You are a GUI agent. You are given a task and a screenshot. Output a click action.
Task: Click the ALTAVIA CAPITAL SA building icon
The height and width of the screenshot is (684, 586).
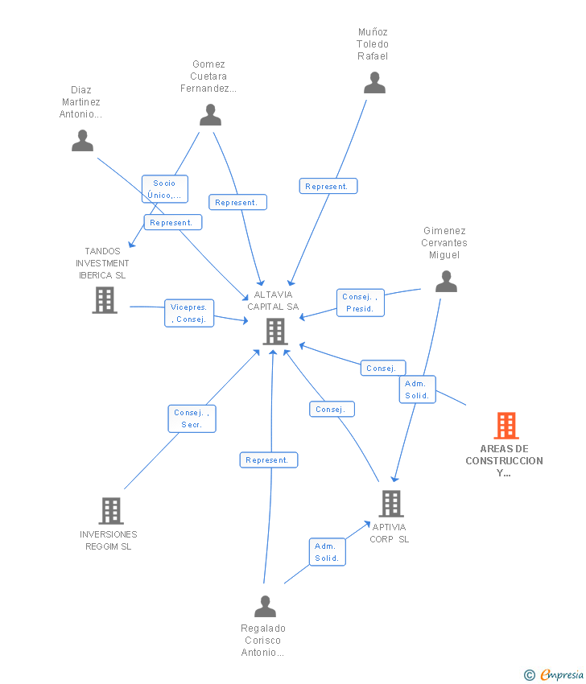click(x=274, y=331)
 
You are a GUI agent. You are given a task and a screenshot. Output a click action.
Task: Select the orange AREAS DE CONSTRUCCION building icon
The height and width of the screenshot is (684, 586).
click(x=506, y=426)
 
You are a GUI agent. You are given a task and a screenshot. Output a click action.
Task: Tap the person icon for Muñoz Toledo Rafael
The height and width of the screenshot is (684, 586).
click(x=374, y=83)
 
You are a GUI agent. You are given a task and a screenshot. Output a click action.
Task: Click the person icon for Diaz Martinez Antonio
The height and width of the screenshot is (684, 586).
click(x=82, y=141)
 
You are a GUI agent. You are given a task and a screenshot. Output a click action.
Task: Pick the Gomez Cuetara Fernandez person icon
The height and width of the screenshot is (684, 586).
click(x=210, y=115)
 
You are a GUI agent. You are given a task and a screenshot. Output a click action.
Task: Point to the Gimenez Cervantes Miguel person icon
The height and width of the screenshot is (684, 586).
click(x=446, y=282)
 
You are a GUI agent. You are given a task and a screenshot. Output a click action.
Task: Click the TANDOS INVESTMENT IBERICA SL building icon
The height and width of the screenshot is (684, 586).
click(x=105, y=300)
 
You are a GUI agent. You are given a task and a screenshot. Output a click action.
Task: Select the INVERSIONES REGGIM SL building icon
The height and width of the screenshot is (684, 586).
click(x=111, y=510)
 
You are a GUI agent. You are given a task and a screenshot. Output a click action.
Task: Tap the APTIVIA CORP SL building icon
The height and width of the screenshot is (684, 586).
click(x=390, y=504)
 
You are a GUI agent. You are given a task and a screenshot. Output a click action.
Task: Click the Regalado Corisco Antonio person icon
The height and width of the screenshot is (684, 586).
click(x=265, y=606)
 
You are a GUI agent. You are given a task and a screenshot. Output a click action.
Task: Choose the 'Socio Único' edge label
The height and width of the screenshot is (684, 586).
click(x=165, y=189)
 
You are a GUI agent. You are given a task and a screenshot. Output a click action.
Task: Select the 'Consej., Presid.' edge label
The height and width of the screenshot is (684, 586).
click(x=360, y=303)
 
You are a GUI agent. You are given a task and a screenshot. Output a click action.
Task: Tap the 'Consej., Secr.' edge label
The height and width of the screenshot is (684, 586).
click(x=192, y=418)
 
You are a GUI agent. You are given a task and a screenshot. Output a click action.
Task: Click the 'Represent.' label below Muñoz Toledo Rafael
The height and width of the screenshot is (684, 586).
click(x=328, y=186)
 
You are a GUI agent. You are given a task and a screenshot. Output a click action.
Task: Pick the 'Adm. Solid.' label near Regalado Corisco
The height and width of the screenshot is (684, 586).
click(x=327, y=552)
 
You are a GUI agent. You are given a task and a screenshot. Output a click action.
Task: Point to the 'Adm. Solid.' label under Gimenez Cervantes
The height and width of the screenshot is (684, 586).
click(x=417, y=389)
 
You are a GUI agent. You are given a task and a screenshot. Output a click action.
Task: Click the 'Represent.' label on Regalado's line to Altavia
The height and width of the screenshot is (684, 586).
click(x=268, y=460)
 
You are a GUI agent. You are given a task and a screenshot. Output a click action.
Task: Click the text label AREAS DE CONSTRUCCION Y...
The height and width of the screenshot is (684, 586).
click(x=504, y=460)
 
